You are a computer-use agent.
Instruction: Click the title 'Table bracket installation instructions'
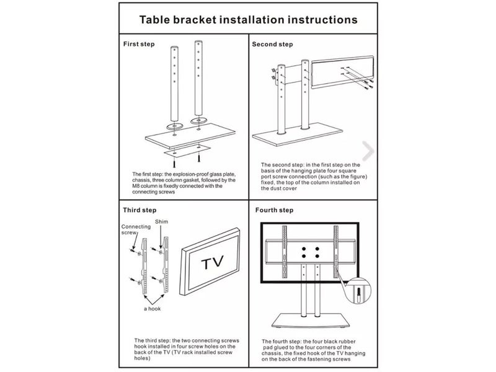point(247,19)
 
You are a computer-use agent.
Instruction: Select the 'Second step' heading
point(272,45)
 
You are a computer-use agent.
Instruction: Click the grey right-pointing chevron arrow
point(368,150)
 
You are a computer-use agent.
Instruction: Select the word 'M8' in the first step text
point(138,185)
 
